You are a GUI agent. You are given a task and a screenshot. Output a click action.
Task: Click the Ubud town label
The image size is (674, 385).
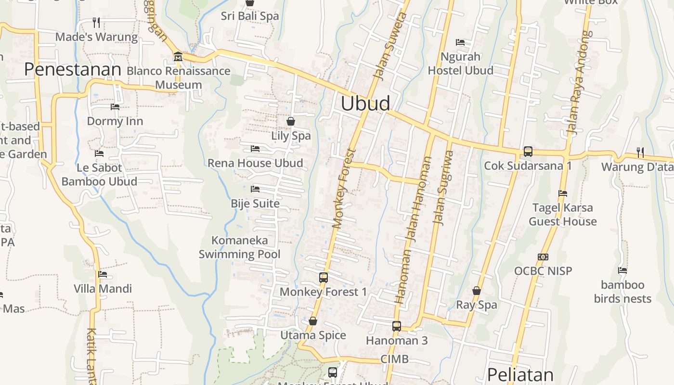(x=365, y=103)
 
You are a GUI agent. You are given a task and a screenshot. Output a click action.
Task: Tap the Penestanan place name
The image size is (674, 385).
(x=72, y=69)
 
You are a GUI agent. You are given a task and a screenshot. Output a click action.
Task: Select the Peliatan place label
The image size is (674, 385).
(x=520, y=374)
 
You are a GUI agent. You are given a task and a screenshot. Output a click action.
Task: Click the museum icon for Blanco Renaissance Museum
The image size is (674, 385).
(x=178, y=57)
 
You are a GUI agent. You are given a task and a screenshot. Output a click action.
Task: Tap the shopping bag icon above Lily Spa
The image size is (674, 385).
(x=291, y=121)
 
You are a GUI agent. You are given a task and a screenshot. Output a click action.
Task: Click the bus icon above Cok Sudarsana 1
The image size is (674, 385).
(x=528, y=152)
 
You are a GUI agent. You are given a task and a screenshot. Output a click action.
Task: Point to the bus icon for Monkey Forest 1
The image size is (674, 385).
(x=323, y=278)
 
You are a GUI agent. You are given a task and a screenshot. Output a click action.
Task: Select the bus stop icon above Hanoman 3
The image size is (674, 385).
(x=396, y=326)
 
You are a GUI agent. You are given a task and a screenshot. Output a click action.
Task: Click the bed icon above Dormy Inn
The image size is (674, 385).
(x=115, y=107)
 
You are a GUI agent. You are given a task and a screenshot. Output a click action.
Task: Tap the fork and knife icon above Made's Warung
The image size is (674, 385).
(x=96, y=22)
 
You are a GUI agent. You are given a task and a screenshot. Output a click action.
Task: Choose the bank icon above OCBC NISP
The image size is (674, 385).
(x=543, y=257)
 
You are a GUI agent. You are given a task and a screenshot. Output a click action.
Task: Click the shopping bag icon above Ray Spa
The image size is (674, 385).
(x=476, y=291)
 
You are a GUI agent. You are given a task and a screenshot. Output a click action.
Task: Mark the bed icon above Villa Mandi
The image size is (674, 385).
(x=103, y=275)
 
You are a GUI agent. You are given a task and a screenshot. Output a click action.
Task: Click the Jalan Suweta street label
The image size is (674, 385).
(x=391, y=46)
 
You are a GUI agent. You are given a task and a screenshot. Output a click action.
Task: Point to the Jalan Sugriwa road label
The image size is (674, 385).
(x=444, y=188)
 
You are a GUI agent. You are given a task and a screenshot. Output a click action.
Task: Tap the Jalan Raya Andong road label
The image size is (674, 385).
(x=579, y=82)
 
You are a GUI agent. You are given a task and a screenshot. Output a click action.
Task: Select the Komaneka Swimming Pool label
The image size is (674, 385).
(x=239, y=247)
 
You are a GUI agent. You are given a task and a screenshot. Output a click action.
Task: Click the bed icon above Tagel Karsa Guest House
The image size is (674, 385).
(x=562, y=193)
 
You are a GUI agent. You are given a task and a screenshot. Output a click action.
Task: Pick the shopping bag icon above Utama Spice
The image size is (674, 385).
(x=313, y=321)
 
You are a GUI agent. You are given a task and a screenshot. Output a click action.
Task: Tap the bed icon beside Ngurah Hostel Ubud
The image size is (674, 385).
(x=460, y=42)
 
